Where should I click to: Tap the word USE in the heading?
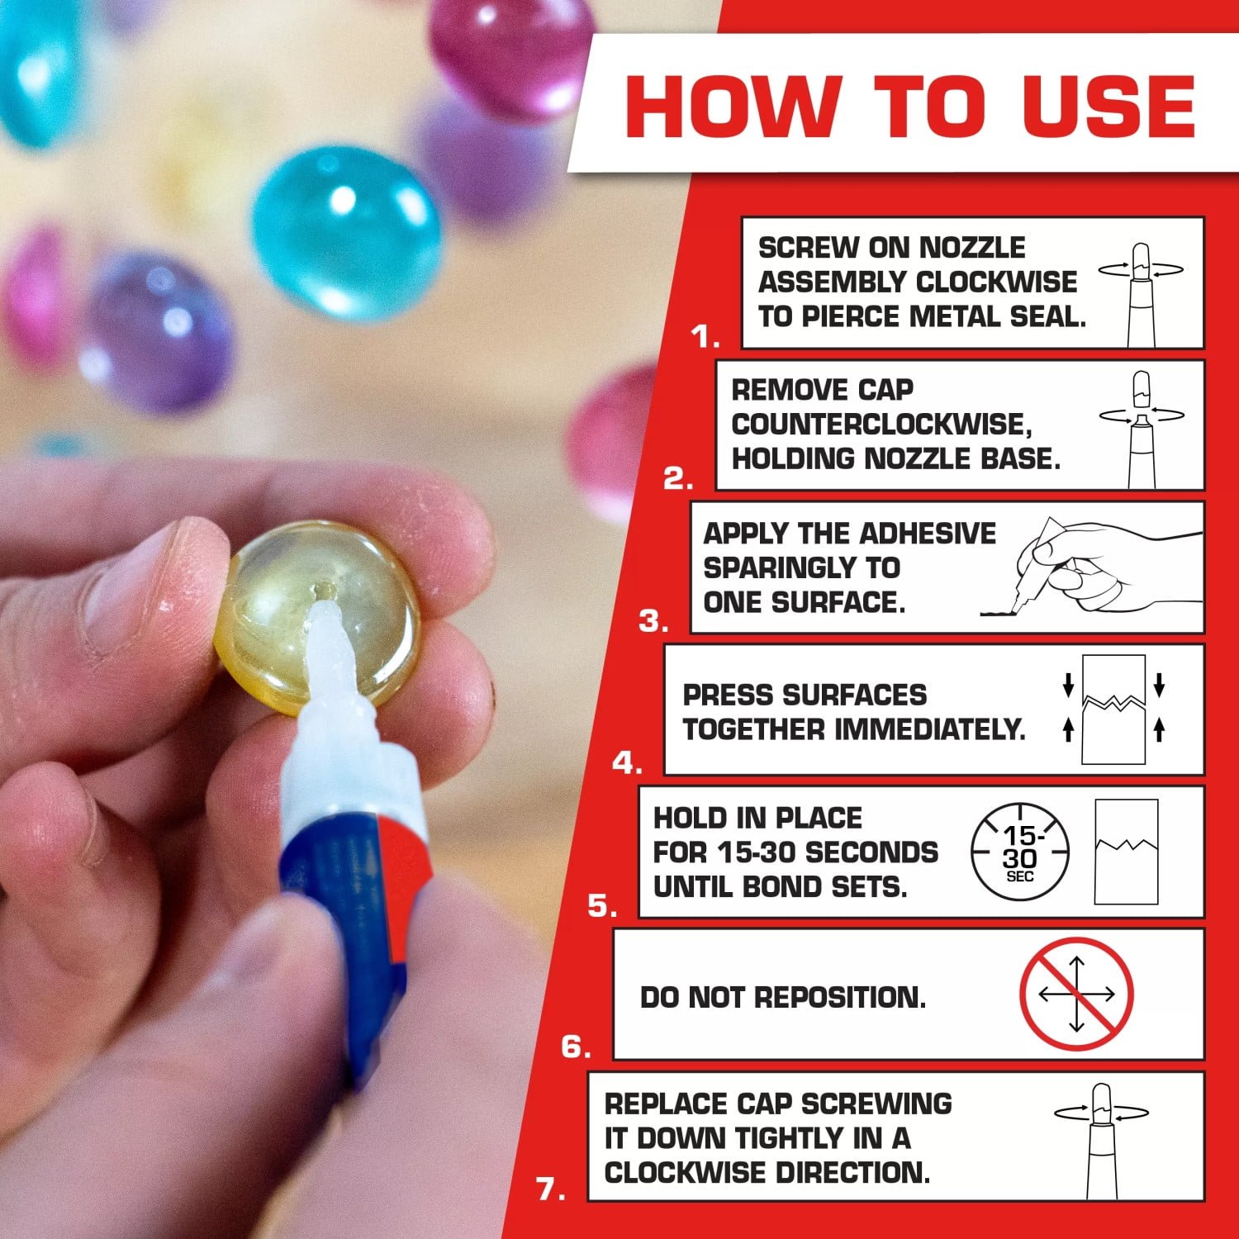[1109, 107]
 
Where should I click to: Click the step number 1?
[705, 336]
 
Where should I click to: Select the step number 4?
[627, 764]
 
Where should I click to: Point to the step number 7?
[550, 1190]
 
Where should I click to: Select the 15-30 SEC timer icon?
[1019, 852]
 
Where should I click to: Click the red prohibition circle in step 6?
[1076, 995]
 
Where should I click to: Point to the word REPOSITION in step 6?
[841, 998]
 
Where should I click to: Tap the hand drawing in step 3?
[1099, 567]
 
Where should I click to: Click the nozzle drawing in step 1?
[1140, 293]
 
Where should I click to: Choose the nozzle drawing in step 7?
[1101, 1140]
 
